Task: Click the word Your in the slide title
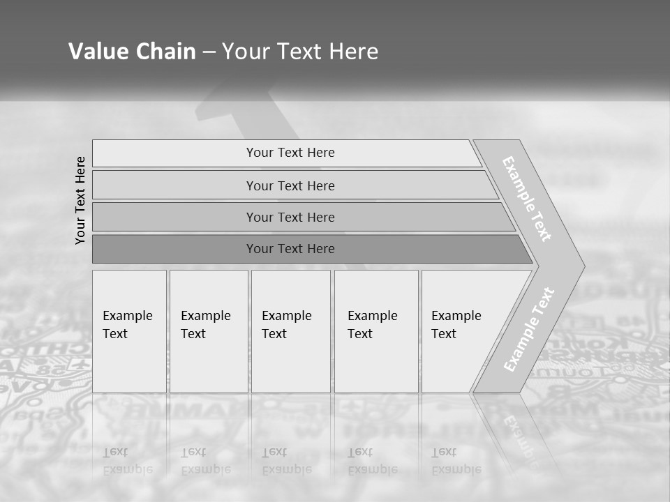coord(246,52)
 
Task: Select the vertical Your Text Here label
coord(80,200)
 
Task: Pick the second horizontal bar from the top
coord(290,185)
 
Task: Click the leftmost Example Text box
coord(129,331)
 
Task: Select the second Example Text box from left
coord(209,331)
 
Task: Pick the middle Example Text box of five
coord(290,331)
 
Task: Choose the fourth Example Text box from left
coord(376,331)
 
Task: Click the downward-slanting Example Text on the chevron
coord(527,199)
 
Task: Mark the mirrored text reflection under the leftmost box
coord(127,461)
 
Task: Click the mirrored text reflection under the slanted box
coord(456,461)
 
